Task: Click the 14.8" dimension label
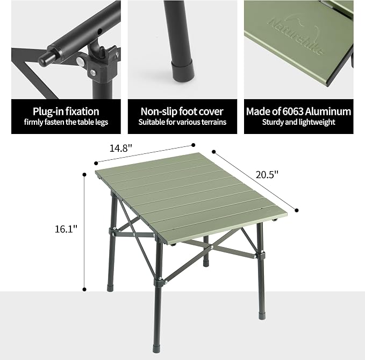(121, 148)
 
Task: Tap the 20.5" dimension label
(267, 174)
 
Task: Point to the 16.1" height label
(66, 229)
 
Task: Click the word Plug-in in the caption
(48, 111)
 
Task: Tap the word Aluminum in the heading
(328, 111)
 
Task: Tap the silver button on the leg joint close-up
(80, 62)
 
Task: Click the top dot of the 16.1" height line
(84, 174)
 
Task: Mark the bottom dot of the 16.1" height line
(84, 290)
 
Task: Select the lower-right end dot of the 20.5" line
(297, 210)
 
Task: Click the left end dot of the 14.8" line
(96, 163)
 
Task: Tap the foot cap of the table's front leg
(156, 349)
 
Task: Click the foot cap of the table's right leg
(262, 315)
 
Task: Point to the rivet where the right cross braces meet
(212, 248)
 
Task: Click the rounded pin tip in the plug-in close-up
(44, 59)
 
